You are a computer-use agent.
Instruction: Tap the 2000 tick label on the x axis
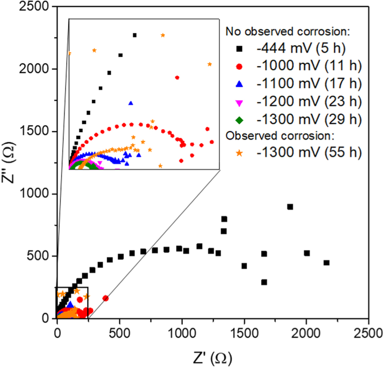[306, 332]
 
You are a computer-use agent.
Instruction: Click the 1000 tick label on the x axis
[182, 332]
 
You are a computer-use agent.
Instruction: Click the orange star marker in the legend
[239, 153]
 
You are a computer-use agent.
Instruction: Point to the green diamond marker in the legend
[239, 121]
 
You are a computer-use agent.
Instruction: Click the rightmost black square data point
[326, 263]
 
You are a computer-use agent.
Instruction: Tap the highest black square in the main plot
[290, 207]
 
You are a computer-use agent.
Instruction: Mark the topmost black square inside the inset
[134, 35]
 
